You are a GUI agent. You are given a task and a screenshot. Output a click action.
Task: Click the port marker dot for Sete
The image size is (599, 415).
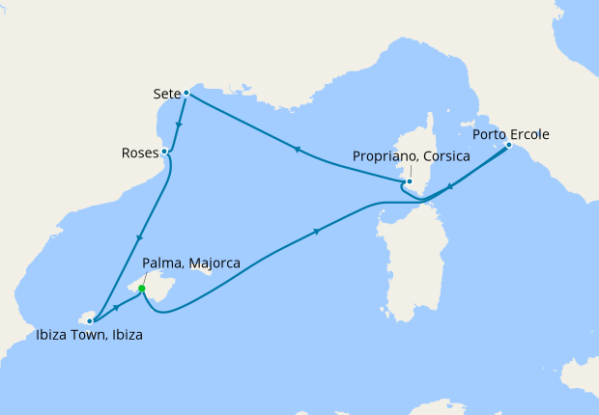(x=185, y=94)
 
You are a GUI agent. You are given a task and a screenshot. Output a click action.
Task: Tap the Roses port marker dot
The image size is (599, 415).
(x=165, y=152)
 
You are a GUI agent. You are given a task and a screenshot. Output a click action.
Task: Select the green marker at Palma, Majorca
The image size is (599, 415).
(x=142, y=289)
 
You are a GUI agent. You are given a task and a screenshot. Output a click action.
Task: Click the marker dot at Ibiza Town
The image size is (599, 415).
(x=90, y=320)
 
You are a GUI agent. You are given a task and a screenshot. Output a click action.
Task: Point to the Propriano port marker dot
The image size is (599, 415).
(x=410, y=180)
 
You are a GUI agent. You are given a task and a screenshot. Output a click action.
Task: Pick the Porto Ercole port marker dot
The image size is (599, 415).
(x=509, y=146)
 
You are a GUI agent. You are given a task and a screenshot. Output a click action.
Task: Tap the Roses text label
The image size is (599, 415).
(x=140, y=152)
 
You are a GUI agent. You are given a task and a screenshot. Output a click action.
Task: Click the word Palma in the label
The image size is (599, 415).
(x=161, y=263)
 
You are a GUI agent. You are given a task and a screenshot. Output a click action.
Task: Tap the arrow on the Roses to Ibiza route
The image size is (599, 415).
(x=141, y=238)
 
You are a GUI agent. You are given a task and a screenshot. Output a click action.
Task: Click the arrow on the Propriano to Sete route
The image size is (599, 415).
(x=296, y=150)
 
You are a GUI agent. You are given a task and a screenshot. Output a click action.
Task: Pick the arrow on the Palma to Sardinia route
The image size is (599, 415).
(x=318, y=232)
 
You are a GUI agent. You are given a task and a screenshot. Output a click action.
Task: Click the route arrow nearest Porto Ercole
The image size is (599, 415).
(x=450, y=188)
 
